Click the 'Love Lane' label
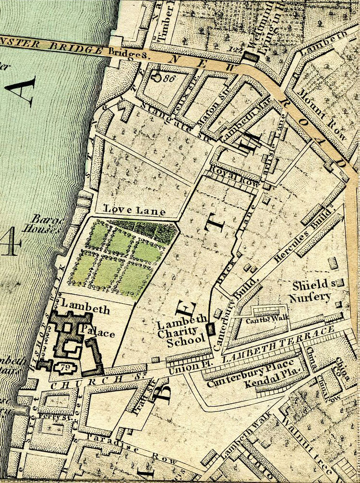pyautogui.click(x=134, y=210)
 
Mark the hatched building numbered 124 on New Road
pyautogui.click(x=250, y=57)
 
